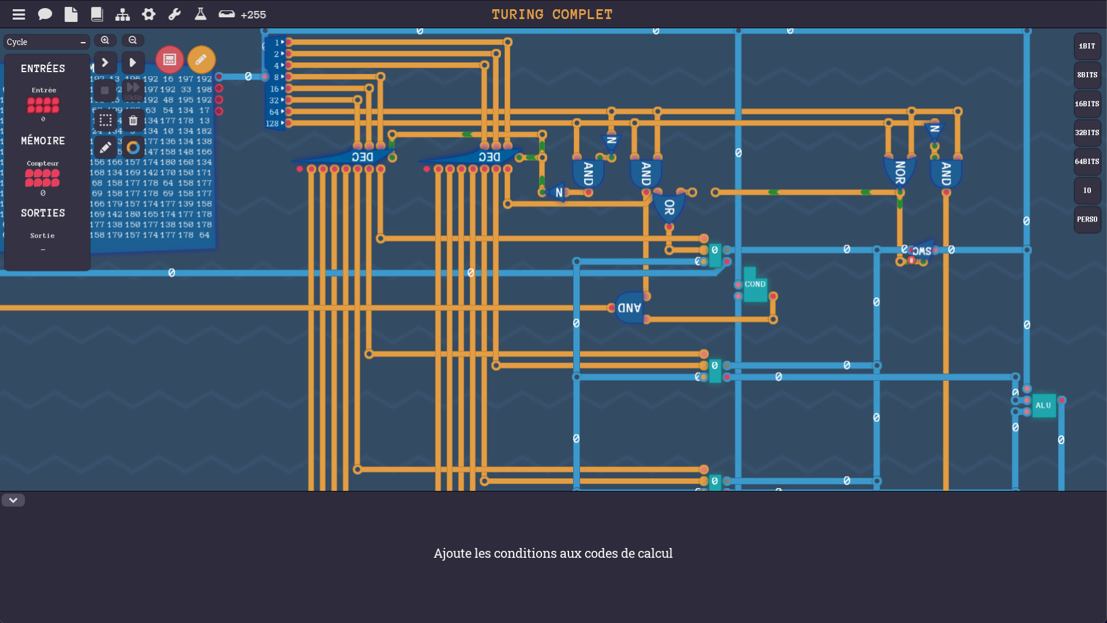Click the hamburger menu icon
(x=18, y=14)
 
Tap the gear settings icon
(x=149, y=14)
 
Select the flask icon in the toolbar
(x=201, y=14)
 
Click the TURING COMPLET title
(x=552, y=14)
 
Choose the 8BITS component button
(x=1087, y=75)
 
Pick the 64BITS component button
(x=1087, y=162)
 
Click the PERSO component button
(x=1087, y=219)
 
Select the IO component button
(x=1087, y=190)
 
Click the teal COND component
(x=755, y=285)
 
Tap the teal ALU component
(x=1043, y=406)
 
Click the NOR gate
(x=899, y=172)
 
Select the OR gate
(x=669, y=207)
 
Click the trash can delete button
(x=133, y=121)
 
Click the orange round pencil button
(x=201, y=59)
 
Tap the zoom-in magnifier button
(x=105, y=40)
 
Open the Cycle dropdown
(x=46, y=42)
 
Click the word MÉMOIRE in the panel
(x=43, y=141)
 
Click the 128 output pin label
(x=272, y=123)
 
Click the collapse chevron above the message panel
(x=13, y=500)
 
